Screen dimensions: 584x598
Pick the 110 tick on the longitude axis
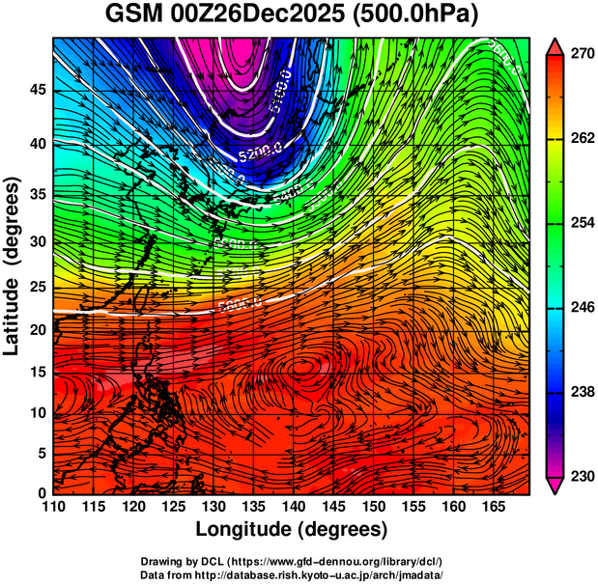tap(53, 508)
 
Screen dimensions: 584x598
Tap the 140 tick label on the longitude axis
tap(292, 508)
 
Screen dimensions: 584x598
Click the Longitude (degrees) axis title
tap(292, 530)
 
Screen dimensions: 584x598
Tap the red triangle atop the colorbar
tap(555, 45)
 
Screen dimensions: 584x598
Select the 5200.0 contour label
tap(260, 151)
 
